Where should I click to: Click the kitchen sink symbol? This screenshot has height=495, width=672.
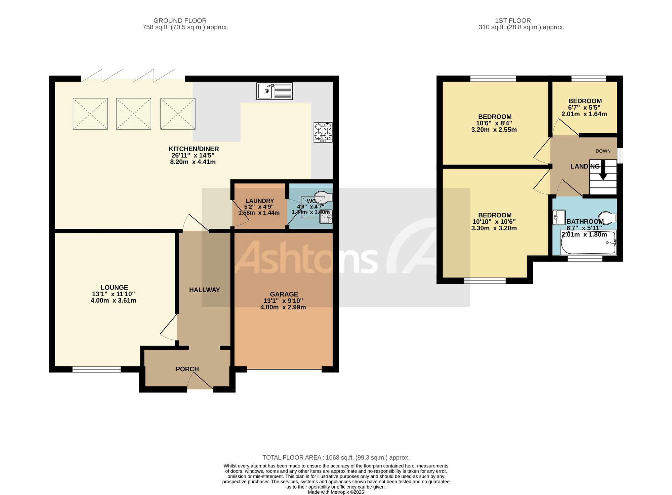pos(275,91)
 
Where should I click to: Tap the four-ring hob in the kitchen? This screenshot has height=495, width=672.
pos(323,132)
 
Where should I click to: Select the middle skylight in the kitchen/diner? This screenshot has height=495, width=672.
pos(133,114)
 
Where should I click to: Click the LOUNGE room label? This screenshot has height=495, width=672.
pos(114,287)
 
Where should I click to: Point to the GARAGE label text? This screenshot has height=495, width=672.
pos(284,294)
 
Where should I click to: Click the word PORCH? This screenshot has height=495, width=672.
pos(187,369)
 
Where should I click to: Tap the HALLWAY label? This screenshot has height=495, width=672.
pos(204,290)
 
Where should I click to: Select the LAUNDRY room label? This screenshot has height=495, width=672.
pos(259,201)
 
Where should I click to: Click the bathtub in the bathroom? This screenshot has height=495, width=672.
pos(588,242)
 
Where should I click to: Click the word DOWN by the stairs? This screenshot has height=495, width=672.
pos(603,151)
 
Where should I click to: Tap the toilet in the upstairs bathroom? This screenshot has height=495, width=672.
pos(607,217)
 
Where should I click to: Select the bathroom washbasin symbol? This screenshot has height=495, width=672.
pos(559,217)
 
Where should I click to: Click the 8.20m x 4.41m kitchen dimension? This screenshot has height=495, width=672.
pos(193,162)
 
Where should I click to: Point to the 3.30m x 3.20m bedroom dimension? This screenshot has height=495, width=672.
pos(494,228)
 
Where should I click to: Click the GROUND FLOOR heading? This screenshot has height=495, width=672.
pos(180,21)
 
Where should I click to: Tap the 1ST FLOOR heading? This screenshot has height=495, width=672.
pos(513,21)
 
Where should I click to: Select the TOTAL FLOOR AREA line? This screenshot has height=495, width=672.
pos(336,457)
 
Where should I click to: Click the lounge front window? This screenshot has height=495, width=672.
pos(96,369)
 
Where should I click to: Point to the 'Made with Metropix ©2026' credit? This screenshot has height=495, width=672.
pos(336,492)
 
